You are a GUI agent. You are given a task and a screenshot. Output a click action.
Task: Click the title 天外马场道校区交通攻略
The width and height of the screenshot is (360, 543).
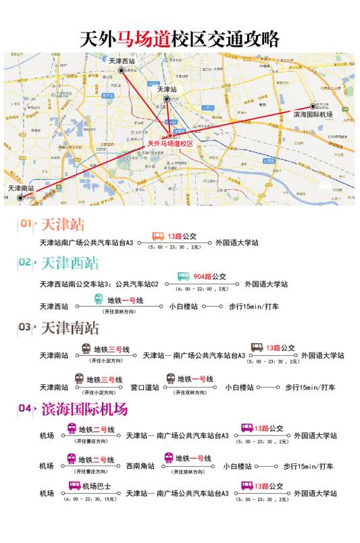point(180,38)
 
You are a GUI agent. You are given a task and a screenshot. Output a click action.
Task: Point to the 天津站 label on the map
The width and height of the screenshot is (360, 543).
point(166,89)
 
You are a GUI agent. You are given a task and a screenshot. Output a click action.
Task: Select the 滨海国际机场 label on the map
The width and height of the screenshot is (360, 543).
point(313,115)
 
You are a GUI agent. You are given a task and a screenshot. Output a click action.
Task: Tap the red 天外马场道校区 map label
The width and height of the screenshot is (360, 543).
point(170,144)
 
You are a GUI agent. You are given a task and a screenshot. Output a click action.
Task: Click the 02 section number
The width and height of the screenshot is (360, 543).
point(25,262)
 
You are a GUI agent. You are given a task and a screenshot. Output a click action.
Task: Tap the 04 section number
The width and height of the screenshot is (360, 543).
point(25,409)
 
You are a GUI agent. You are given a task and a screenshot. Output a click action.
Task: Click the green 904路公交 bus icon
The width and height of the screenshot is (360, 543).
point(184,276)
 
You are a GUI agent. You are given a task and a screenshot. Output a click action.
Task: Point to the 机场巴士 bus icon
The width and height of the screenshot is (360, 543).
point(74,486)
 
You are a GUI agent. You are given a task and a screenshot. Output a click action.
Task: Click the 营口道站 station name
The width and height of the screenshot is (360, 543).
point(145,387)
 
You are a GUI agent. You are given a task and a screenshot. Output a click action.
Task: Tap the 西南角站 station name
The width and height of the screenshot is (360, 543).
point(140,466)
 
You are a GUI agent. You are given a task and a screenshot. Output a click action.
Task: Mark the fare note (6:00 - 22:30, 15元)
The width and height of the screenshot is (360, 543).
point(89,499)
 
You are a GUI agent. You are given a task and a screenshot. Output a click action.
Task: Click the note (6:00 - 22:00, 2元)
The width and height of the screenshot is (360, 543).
point(201,289)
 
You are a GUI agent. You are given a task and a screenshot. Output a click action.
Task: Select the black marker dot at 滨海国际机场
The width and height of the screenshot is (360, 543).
point(313,106)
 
